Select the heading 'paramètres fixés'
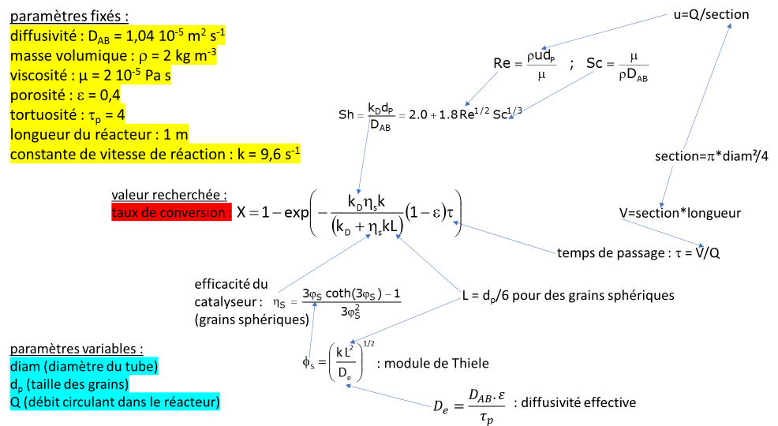[x=69, y=15]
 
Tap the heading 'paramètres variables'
[x=77, y=348]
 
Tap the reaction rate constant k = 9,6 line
[x=155, y=153]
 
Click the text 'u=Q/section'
[x=711, y=14]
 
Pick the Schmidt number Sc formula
[x=616, y=66]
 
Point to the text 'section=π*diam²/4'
[x=712, y=155]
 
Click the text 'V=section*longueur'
[x=680, y=213]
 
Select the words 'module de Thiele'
[x=444, y=363]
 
